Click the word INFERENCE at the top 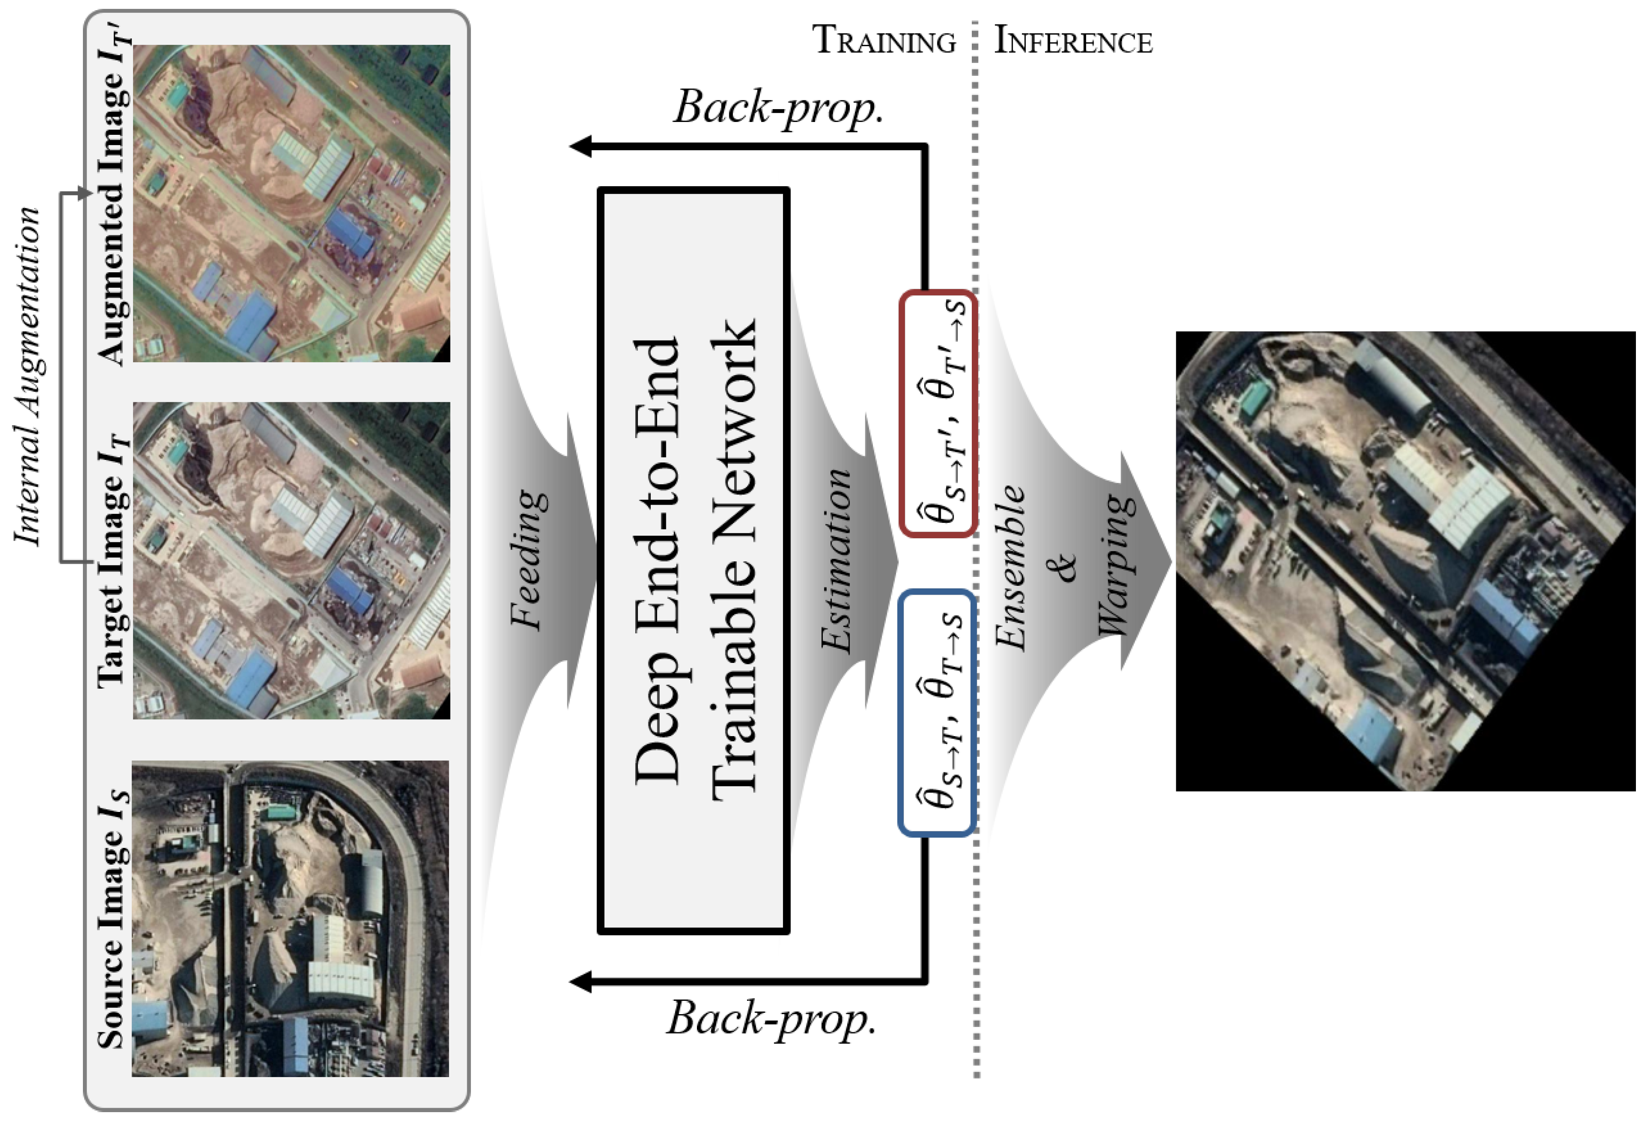[x=1073, y=40]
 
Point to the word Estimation [x=836, y=560]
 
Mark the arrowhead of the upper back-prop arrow [x=581, y=147]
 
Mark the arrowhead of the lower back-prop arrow [x=581, y=982]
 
